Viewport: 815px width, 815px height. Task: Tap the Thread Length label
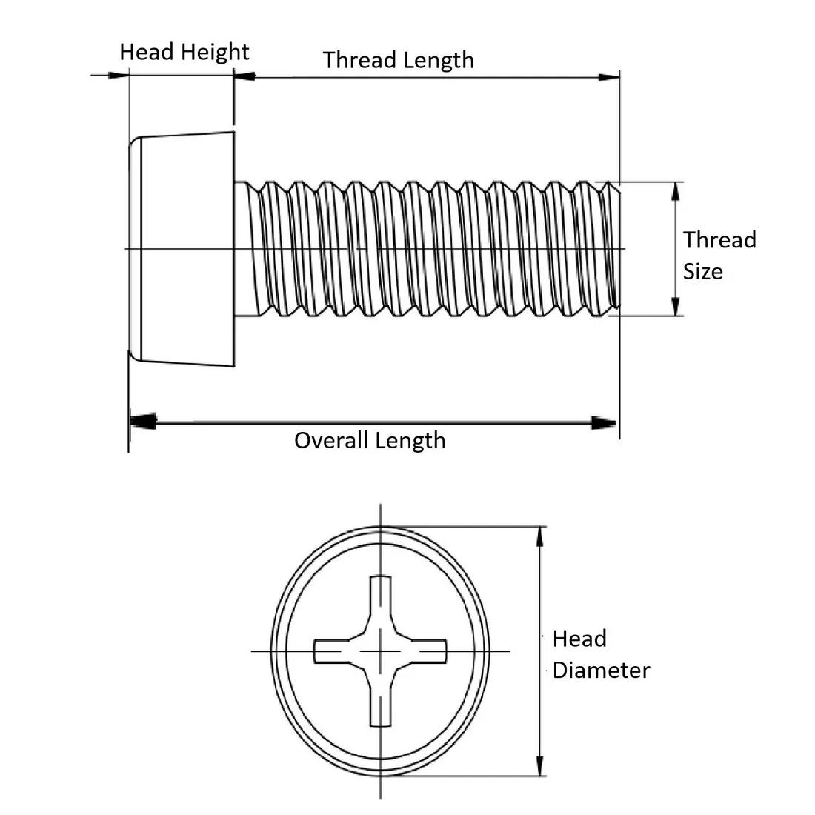click(399, 60)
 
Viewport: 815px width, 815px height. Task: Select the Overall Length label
click(370, 441)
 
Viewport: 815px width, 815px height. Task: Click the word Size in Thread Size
click(702, 272)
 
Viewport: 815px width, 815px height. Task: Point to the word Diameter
click(601, 671)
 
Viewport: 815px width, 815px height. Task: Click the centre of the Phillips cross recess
click(381, 651)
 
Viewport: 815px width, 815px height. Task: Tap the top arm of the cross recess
click(381, 596)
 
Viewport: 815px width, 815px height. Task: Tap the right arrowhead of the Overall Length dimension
click(605, 423)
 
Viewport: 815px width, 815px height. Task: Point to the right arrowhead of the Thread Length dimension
click(609, 76)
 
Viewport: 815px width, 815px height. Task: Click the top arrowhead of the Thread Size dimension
click(675, 191)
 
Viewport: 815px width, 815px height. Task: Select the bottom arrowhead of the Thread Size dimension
click(675, 306)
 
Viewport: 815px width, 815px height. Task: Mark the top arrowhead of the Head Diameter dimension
click(540, 536)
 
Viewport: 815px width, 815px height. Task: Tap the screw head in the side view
click(182, 248)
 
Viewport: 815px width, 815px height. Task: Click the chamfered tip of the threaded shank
click(613, 248)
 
